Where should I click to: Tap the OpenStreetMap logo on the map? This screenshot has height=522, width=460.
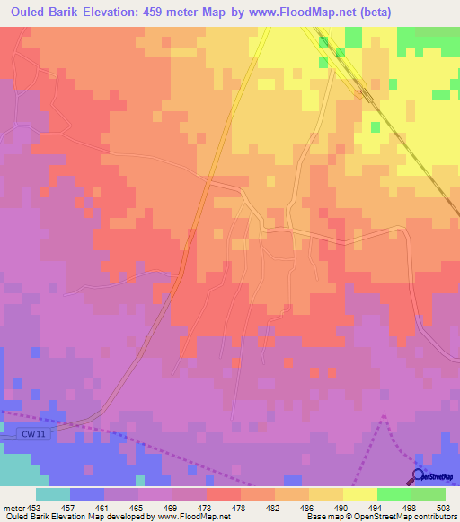[x=433, y=476]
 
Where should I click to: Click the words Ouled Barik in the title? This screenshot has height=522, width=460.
[x=46, y=12]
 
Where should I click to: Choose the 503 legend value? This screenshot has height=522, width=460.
[x=444, y=507]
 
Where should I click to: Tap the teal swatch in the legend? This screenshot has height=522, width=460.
[x=52, y=494]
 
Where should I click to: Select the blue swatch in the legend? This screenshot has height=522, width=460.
[x=86, y=494]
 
